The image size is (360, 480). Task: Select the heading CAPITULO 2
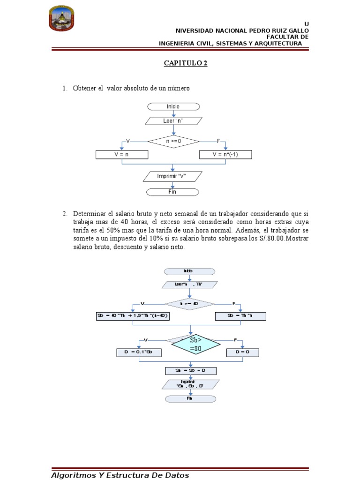pyautogui.click(x=185, y=63)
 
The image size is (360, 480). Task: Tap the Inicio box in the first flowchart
pyautogui.click(x=173, y=106)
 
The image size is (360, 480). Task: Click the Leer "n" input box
pyautogui.click(x=173, y=121)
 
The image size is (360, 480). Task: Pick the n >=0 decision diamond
pyautogui.click(x=173, y=140)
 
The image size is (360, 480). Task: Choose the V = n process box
pyautogui.click(x=122, y=154)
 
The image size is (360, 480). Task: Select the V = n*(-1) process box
pyautogui.click(x=225, y=154)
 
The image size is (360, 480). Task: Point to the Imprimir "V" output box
pyautogui.click(x=173, y=177)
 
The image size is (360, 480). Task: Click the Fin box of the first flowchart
pyautogui.click(x=173, y=192)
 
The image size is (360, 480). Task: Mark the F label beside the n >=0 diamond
pyautogui.click(x=218, y=141)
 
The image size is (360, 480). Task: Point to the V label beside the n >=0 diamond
pyautogui.click(x=127, y=141)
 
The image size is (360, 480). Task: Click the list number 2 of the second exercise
pyautogui.click(x=65, y=214)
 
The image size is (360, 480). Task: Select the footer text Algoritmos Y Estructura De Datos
pyautogui.click(x=120, y=475)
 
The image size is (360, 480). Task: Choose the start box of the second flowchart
pyautogui.click(x=189, y=271)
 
